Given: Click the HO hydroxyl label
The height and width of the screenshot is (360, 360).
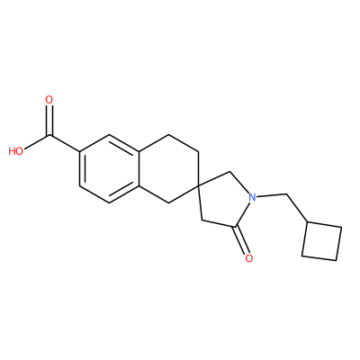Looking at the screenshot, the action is (x=16, y=151).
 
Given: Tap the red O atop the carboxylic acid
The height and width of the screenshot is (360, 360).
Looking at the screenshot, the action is (x=49, y=100).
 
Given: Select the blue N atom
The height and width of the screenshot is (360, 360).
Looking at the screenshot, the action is (x=252, y=198).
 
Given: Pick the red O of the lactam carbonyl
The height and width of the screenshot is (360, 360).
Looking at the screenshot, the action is (x=248, y=258).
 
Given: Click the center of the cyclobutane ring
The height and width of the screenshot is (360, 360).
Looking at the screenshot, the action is (x=321, y=241).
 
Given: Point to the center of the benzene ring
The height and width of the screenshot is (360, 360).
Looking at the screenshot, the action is (x=109, y=169).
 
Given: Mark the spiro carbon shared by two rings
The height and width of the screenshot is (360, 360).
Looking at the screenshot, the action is (x=198, y=186).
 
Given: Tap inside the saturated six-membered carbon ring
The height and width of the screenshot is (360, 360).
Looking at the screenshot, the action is (x=168, y=169).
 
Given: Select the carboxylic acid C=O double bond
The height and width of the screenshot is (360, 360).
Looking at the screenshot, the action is (x=49, y=121).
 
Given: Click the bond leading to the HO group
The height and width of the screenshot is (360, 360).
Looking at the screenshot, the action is (x=37, y=143).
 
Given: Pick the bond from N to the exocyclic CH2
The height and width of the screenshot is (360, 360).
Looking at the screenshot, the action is (x=272, y=196).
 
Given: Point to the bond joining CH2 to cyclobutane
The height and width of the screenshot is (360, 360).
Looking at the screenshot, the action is (x=297, y=208).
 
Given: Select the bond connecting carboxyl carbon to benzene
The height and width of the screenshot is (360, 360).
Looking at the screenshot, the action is (x=65, y=143).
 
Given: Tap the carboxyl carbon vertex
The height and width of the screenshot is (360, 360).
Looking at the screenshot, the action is (x=49, y=136).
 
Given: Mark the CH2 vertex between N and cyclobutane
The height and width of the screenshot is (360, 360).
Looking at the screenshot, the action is (x=287, y=194).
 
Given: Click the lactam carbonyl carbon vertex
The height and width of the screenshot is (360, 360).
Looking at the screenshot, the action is (x=237, y=227).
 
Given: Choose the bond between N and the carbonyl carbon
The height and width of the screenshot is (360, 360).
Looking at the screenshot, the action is (x=244, y=213).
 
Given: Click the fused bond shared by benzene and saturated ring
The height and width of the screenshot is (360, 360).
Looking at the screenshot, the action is (x=139, y=169).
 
